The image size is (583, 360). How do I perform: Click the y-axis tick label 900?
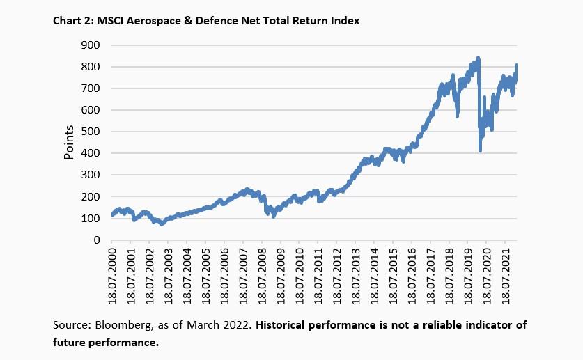91,45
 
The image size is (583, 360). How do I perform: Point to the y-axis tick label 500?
91,132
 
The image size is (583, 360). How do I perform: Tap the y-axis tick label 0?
97,240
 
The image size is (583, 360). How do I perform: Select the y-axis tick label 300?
91,175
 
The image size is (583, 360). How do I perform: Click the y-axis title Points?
69,143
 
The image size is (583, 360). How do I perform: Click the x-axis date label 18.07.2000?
111,276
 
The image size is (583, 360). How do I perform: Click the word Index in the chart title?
345,22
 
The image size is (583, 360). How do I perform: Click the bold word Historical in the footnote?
283,325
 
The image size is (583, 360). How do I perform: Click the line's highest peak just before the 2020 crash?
477,58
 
